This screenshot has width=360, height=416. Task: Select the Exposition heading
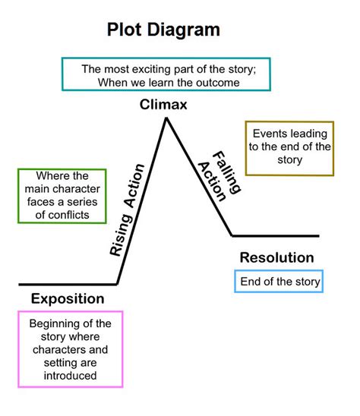(x=68, y=298)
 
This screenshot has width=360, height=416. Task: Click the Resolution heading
(x=276, y=257)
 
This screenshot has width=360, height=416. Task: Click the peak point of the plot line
(x=165, y=118)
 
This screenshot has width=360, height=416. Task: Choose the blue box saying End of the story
(x=279, y=282)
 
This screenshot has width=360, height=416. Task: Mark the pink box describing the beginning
(x=70, y=349)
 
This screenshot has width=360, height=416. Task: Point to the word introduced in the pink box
(x=70, y=375)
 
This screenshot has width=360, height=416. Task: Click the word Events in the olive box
(x=270, y=133)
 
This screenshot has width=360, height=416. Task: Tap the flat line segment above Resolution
(x=275, y=236)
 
